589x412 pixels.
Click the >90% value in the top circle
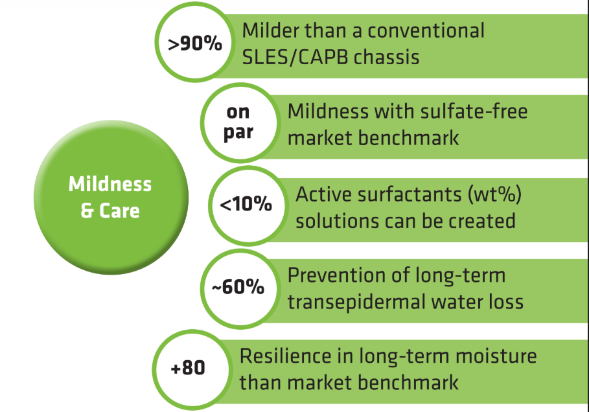click(195, 43)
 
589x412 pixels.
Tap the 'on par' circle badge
click(240, 123)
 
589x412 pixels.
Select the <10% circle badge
click(247, 206)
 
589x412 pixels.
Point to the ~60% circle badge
click(240, 289)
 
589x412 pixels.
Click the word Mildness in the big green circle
click(110, 185)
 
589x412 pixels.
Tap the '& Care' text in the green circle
click(110, 211)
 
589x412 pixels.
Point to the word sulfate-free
click(474, 111)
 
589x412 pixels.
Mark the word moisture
click(496, 356)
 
